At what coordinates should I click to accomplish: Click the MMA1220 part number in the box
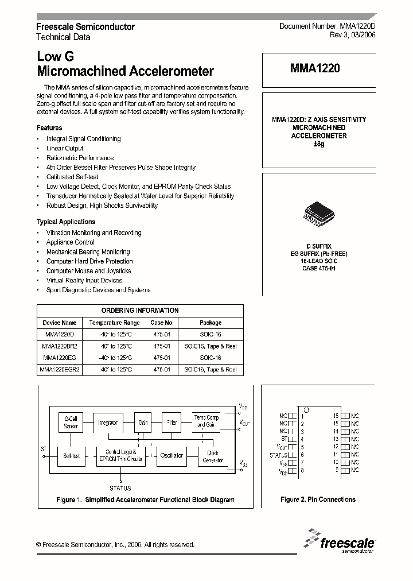pos(315,68)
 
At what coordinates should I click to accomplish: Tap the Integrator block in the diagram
pos(107,423)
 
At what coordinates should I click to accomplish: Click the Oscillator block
pos(172,455)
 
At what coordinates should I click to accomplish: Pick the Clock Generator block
pos(212,456)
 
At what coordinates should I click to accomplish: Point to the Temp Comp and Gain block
pos(206,421)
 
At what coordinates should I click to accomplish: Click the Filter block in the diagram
pos(172,423)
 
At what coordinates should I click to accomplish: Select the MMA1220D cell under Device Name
pos(60,334)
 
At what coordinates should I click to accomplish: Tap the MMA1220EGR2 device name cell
pos(60,370)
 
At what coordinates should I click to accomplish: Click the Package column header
pos(210,323)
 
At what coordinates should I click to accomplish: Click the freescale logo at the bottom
pos(341,541)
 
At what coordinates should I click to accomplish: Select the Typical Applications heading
pos(66,222)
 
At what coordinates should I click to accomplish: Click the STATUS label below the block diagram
pos(120,488)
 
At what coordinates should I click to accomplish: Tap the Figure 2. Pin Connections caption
pos(318,499)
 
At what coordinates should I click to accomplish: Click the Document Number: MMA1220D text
pos(327,26)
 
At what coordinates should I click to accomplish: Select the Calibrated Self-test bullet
pos(72,177)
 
